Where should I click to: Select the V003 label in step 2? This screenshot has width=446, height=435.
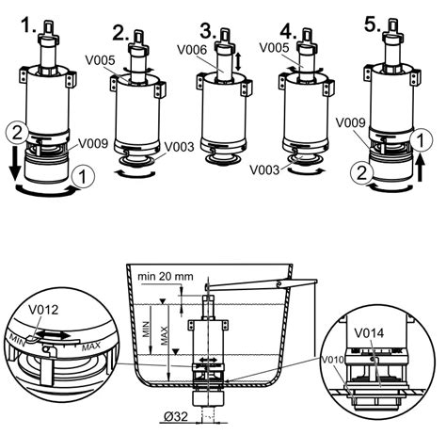coord(181,146)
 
